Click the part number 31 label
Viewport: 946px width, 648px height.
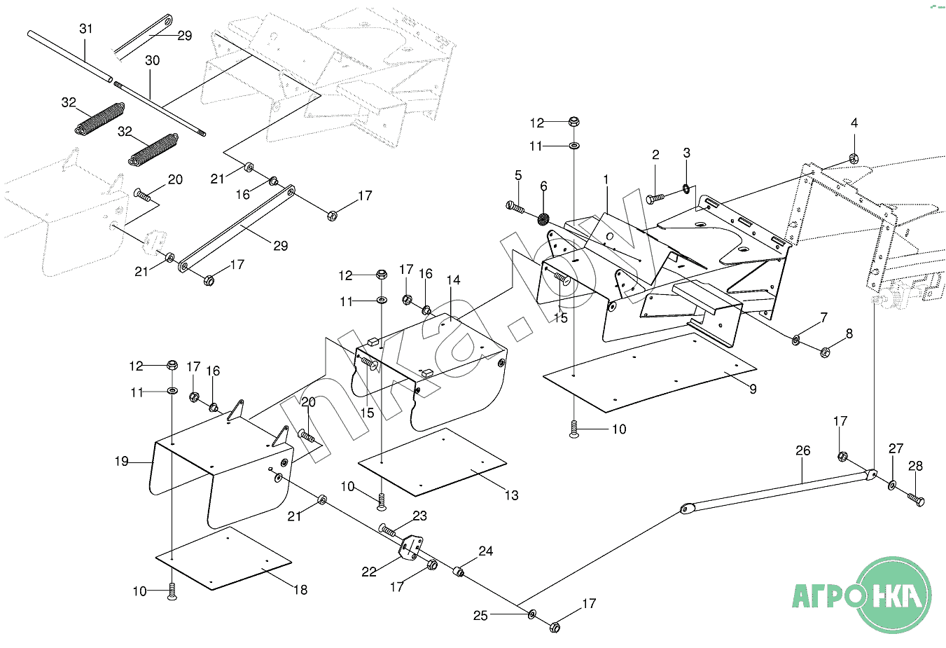tap(85, 29)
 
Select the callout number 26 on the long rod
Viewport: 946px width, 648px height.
tap(802, 450)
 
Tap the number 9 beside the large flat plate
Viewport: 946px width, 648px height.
tap(753, 389)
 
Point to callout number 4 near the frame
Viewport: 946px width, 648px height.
tap(854, 123)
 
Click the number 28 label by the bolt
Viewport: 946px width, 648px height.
tap(915, 467)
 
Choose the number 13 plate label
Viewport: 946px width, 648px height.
tap(512, 495)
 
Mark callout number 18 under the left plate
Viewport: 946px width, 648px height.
tap(300, 590)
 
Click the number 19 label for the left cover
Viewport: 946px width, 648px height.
tap(122, 461)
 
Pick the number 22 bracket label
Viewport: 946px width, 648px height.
tap(369, 572)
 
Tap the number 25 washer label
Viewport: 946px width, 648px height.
tap(480, 616)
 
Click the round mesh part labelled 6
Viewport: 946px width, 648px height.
tap(543, 219)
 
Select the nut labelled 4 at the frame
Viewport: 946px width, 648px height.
tap(854, 158)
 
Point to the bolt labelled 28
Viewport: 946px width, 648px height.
tap(915, 499)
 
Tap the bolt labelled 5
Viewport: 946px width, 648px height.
tap(515, 207)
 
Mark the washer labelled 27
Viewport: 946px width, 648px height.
tap(892, 485)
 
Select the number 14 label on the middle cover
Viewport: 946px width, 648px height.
tap(453, 280)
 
